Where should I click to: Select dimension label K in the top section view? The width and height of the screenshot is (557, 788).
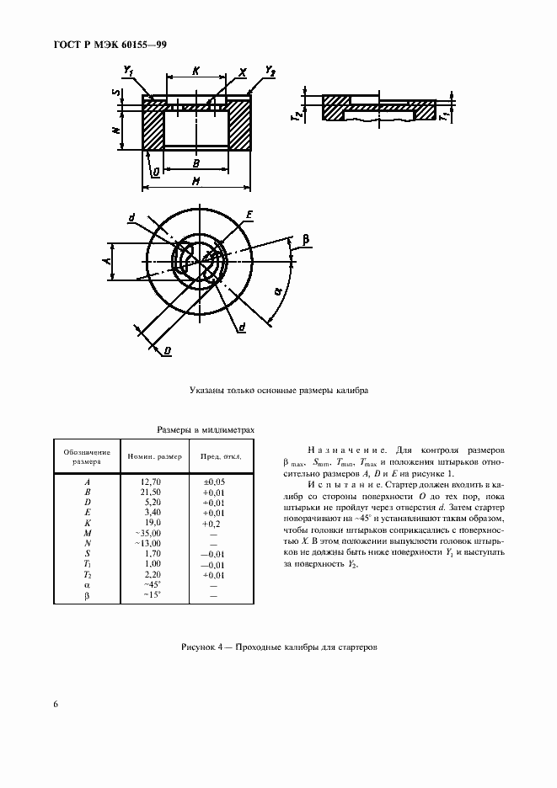[195, 73]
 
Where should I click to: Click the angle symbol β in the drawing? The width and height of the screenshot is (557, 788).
[305, 240]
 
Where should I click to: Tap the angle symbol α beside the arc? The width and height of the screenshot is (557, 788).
[278, 292]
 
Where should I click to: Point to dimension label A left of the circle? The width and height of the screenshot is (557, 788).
[107, 262]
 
